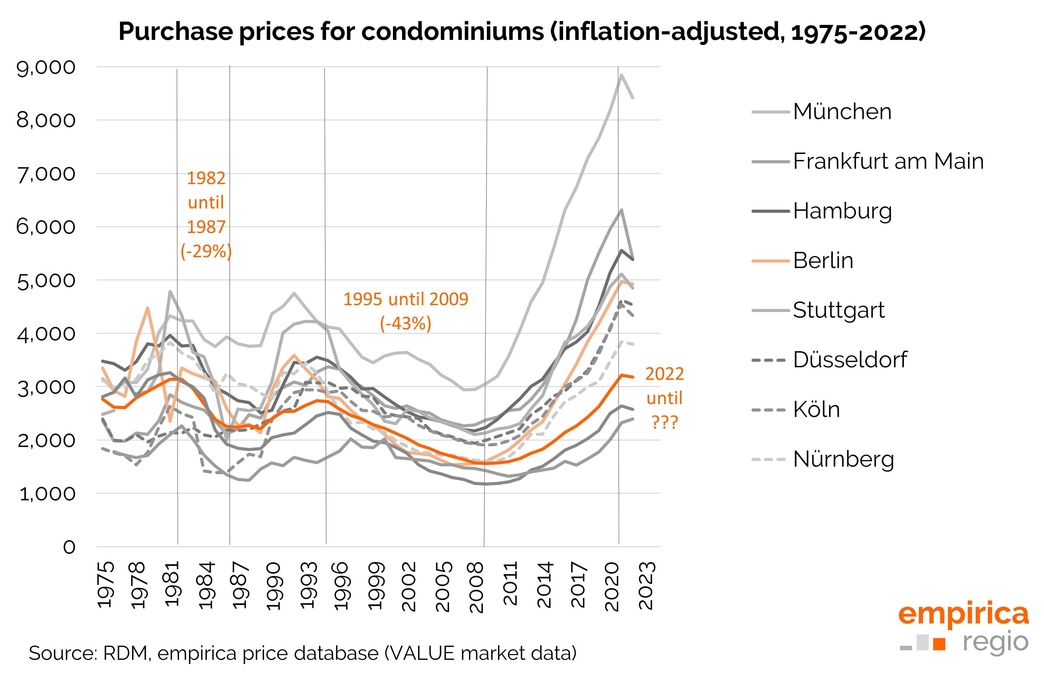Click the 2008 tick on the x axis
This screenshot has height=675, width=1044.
(477, 587)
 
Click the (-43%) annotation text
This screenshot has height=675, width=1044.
(406, 324)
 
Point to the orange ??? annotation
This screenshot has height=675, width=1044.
(665, 422)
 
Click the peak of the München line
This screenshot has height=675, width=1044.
(621, 75)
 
